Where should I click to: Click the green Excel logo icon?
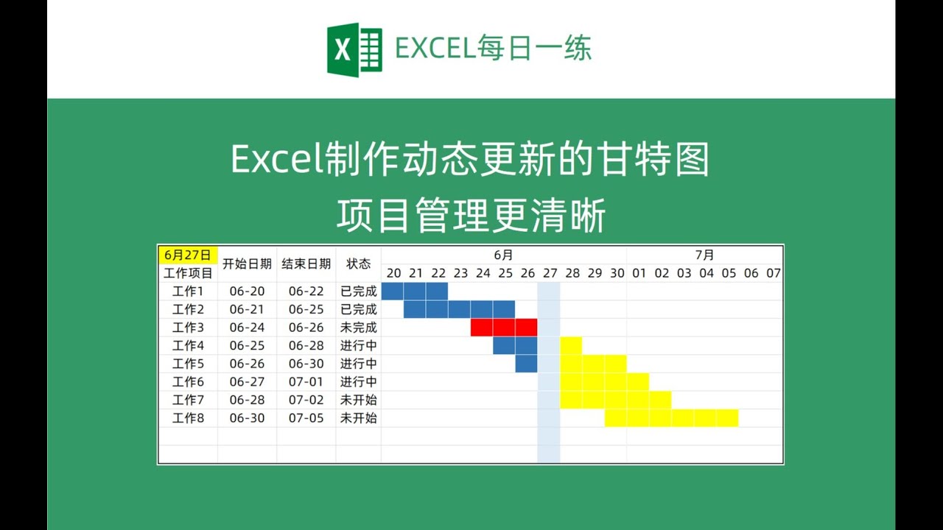click(354, 49)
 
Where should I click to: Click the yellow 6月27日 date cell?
click(188, 255)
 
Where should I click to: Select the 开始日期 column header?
click(247, 264)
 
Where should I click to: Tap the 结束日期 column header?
click(306, 264)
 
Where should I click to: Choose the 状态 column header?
click(358, 264)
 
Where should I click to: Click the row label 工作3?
click(188, 328)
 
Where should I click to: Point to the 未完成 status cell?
click(358, 328)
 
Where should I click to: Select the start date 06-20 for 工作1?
click(247, 291)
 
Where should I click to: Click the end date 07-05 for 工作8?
click(306, 418)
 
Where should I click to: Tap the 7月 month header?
click(704, 255)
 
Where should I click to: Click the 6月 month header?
click(503, 255)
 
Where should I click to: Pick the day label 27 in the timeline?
click(550, 273)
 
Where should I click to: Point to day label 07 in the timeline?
click(773, 273)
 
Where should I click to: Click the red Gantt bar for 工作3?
click(504, 328)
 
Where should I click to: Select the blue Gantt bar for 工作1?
click(415, 291)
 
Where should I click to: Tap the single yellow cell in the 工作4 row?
click(571, 345)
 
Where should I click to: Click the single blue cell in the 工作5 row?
click(526, 364)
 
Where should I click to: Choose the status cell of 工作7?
click(358, 400)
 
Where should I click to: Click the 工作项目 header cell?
click(188, 273)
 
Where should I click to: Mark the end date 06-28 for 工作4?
click(306, 345)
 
